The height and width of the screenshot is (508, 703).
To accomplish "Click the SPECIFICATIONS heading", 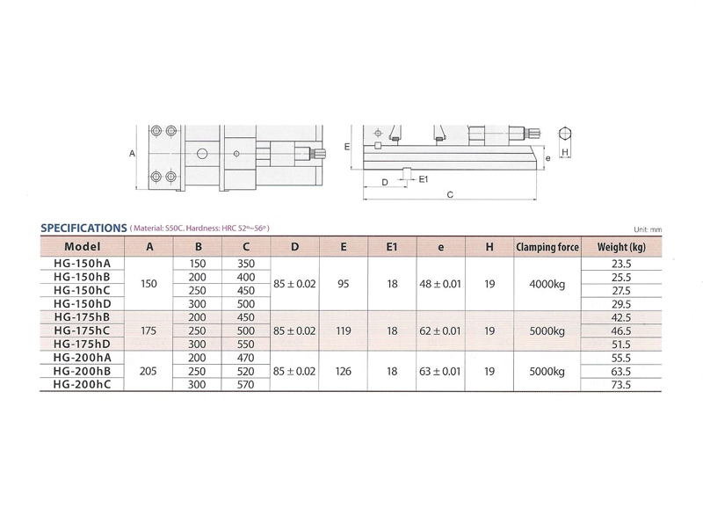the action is (x=83, y=228).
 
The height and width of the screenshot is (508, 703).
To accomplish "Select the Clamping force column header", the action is (x=547, y=247).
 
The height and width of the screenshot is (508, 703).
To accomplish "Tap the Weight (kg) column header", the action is (x=621, y=247).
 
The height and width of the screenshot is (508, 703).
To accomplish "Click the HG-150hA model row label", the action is (x=82, y=264).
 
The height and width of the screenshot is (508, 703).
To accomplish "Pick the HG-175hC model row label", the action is (x=82, y=330).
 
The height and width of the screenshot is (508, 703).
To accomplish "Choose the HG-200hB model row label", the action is (x=82, y=371).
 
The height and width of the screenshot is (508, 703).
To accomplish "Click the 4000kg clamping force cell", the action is (x=547, y=284).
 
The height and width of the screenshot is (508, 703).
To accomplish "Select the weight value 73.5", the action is (x=621, y=385).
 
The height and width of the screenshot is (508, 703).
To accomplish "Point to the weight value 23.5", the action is (x=621, y=264).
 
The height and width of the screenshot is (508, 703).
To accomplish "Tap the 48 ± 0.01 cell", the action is (x=440, y=284).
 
